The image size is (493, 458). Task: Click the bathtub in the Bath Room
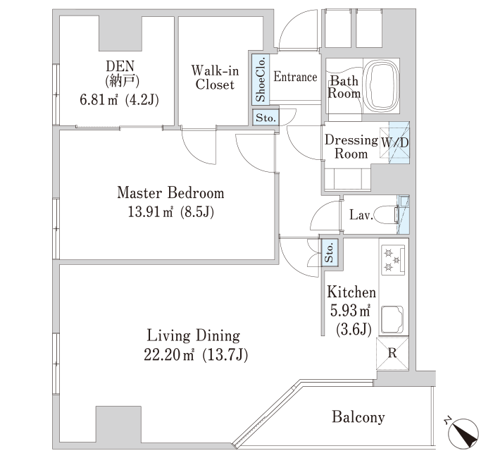pos(382,85)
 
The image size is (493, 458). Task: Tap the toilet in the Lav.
pos(387,215)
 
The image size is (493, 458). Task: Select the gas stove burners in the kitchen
pos(393,260)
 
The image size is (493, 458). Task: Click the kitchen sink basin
pos(392,319)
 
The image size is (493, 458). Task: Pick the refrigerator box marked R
pos(392,353)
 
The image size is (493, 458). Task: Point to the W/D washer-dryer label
pos(395,142)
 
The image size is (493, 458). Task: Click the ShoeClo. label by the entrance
pos(261,80)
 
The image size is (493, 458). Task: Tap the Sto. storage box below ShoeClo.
pos(266,118)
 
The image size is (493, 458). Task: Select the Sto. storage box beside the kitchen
pos(329,252)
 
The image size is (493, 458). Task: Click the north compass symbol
pos(463,433)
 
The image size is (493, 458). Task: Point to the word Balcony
pos(358,417)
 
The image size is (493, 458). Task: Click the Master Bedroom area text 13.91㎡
pos(150,211)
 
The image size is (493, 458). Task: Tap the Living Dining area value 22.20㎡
pos(169,355)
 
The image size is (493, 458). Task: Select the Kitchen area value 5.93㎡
pos(350,311)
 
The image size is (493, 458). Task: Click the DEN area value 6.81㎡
pos(99,100)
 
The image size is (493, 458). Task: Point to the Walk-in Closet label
pos(215,78)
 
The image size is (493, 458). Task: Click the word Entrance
pos(295,77)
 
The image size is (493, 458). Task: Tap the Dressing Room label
pos(351,147)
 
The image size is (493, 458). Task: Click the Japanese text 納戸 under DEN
pos(123,82)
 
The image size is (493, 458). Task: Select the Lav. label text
pos(361,215)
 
